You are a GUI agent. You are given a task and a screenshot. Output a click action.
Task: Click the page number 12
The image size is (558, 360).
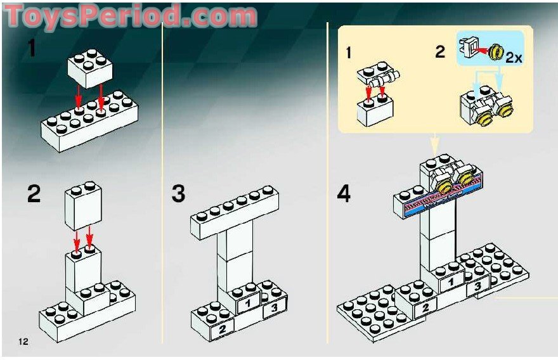coord(23,342)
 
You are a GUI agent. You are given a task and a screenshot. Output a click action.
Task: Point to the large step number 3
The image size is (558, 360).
coord(179,194)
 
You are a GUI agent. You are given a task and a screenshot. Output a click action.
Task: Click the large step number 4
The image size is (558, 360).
coord(344,194)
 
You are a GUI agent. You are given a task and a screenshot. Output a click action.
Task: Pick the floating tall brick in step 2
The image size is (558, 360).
coord(83,206)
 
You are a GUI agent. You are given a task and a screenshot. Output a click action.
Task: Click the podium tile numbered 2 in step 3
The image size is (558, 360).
coord(222,328)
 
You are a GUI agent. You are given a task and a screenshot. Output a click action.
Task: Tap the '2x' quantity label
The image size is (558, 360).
coord(513,57)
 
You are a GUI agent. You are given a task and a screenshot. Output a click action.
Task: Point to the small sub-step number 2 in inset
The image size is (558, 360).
coord(440,52)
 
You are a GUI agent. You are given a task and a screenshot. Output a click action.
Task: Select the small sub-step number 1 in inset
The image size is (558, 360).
coord(348,53)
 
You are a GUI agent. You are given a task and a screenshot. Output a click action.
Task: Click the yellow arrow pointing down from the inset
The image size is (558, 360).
coord(434,143)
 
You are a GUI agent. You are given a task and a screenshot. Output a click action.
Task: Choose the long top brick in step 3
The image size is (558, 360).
coord(235,212)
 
